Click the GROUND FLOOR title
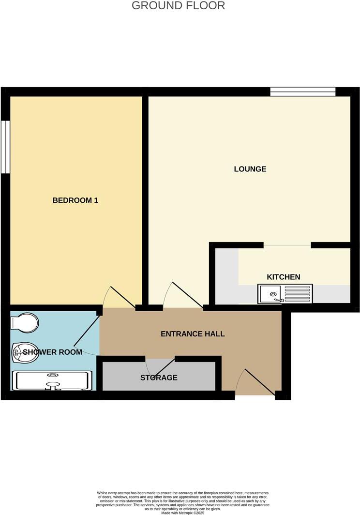point(178,6)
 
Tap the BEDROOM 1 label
point(75,200)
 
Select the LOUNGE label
point(250,169)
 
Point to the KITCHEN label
point(284,277)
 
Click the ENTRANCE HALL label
point(193,334)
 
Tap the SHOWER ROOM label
point(52,352)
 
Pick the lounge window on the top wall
point(302,91)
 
